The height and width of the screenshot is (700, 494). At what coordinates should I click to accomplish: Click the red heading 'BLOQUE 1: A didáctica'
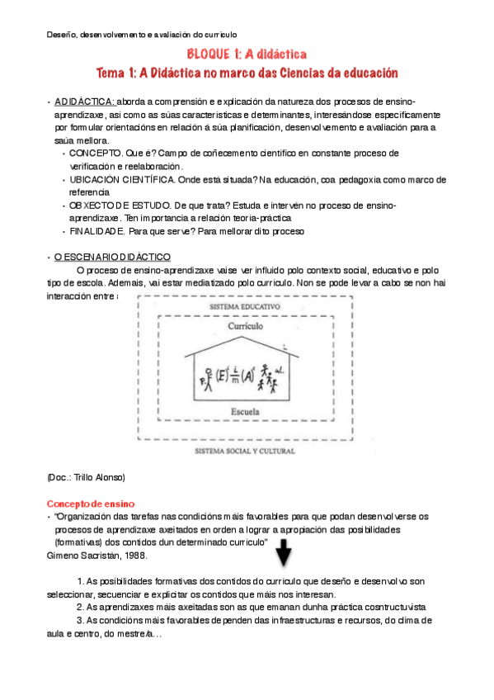(247, 54)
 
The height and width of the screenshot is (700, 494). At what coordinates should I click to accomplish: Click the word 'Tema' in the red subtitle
(112, 73)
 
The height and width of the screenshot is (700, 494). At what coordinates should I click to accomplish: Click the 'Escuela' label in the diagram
(247, 409)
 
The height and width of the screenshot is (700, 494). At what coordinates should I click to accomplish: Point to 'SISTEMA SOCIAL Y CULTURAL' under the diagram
(247, 452)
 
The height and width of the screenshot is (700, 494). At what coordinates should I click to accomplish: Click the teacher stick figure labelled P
(208, 381)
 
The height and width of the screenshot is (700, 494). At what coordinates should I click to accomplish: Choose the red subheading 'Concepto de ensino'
(91, 504)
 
